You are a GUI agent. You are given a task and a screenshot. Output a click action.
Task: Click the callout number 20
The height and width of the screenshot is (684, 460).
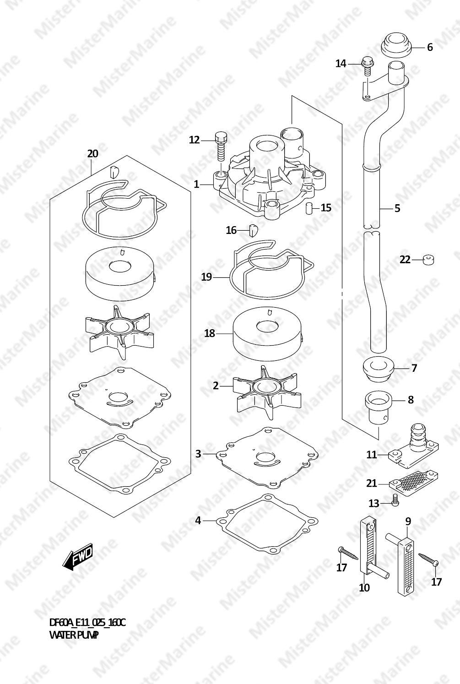(x=93, y=153)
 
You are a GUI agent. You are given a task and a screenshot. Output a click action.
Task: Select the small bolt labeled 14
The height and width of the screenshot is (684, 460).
(x=367, y=66)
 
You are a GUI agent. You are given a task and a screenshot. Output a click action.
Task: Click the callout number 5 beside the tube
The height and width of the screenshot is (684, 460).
(x=397, y=208)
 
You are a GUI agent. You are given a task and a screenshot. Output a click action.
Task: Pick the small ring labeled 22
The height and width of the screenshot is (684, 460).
(x=428, y=260)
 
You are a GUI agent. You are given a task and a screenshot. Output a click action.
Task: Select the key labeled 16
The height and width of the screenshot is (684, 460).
(x=254, y=230)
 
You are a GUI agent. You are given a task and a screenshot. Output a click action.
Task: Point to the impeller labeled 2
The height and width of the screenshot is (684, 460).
(x=267, y=392)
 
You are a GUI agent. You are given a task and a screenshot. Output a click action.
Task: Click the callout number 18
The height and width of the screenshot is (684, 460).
(x=210, y=333)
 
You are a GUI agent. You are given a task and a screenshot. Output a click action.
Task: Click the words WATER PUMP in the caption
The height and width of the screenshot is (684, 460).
(x=74, y=636)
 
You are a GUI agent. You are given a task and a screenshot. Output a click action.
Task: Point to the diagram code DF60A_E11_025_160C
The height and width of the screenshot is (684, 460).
(x=87, y=622)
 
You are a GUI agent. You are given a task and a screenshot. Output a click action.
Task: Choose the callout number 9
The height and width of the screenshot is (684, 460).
(x=408, y=521)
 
